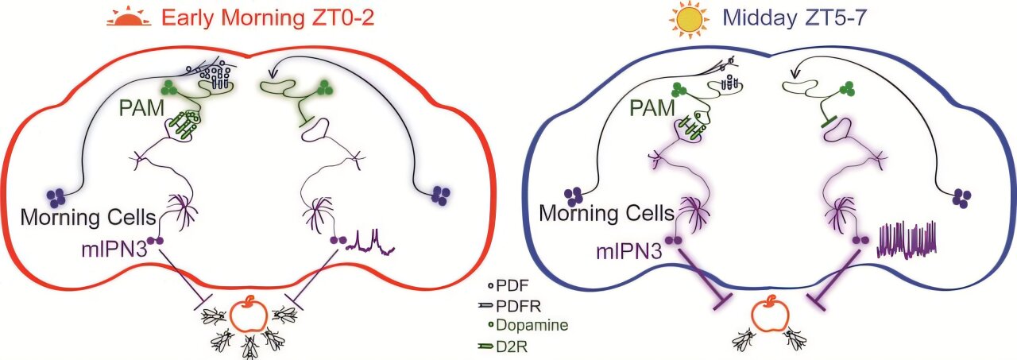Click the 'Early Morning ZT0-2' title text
[266, 18]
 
